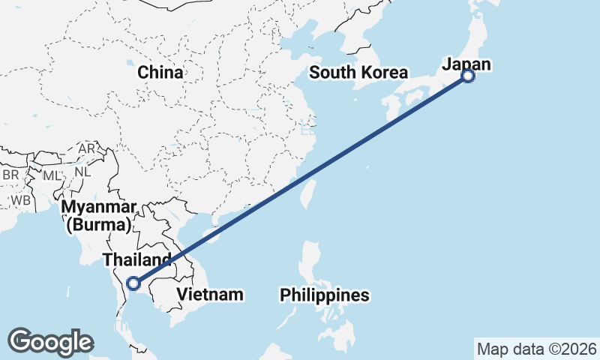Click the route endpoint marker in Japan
[x=468, y=76]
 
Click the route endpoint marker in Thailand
[x=133, y=283]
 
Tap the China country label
[x=160, y=73]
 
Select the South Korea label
[x=358, y=73]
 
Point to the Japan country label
[x=466, y=64]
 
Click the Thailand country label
[x=132, y=259]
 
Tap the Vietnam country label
[x=210, y=294]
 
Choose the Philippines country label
[x=325, y=295]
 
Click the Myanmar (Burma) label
[x=99, y=215]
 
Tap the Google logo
[x=50, y=342]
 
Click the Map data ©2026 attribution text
[x=536, y=349]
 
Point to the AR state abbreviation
[x=87, y=149]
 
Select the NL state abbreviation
[x=82, y=171]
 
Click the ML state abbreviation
[x=51, y=175]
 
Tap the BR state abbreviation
[x=10, y=175]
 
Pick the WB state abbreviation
[x=20, y=201]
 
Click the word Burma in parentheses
[x=99, y=224]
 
